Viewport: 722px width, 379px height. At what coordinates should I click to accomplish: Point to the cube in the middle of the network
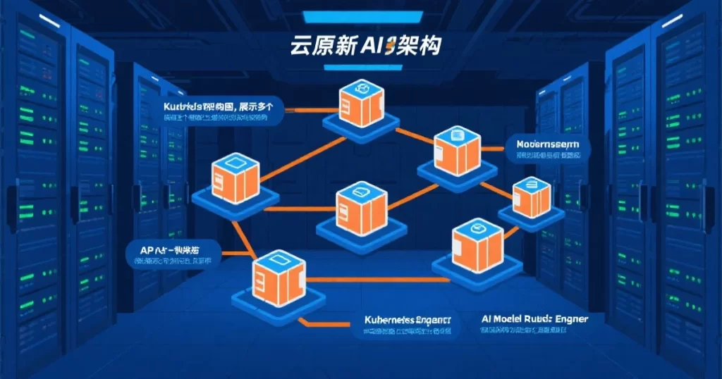point(361,209)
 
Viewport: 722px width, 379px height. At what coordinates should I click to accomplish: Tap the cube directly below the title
point(361,104)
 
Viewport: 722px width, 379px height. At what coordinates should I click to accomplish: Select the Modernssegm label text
point(547,144)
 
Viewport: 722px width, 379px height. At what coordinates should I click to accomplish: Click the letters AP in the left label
point(147,249)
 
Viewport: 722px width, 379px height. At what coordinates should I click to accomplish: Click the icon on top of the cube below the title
point(361,89)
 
